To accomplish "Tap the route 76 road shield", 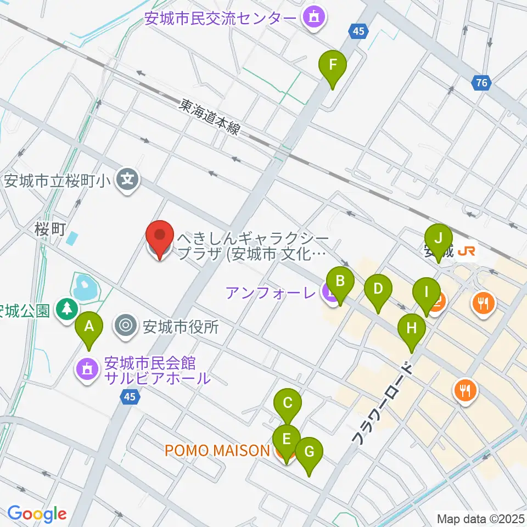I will (x=481, y=83).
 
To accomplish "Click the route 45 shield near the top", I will (x=358, y=32).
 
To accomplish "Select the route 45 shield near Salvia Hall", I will (x=130, y=396).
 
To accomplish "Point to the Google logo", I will (x=37, y=514).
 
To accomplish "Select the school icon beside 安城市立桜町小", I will (x=127, y=180).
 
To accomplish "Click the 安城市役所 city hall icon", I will (x=126, y=327).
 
